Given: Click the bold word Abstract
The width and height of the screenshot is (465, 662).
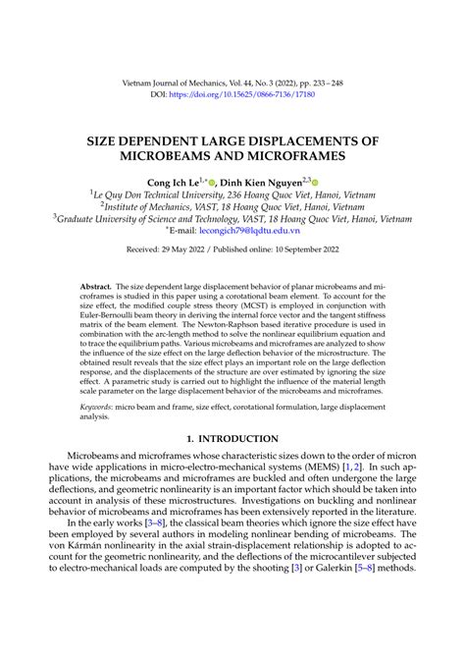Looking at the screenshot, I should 97,282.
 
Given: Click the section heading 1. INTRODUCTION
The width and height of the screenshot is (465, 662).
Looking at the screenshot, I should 232,438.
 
